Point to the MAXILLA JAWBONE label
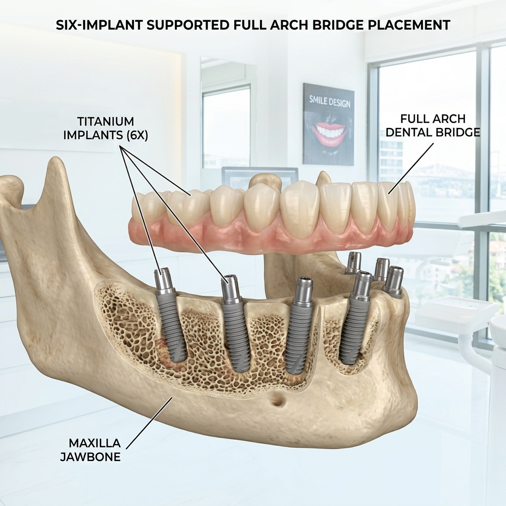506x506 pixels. click(90, 449)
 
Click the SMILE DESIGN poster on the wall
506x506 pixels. click(329, 124)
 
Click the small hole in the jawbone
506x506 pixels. click(278, 402)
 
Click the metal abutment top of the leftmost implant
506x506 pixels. click(163, 281)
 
